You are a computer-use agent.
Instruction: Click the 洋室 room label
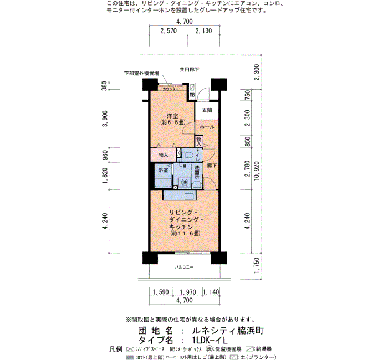(170, 115)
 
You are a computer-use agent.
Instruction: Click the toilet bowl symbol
(187, 155)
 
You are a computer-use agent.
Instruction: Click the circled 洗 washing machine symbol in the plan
(185, 182)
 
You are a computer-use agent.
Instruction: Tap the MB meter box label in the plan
(192, 95)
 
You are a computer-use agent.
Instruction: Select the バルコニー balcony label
(184, 267)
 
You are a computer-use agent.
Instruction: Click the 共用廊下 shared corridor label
(189, 69)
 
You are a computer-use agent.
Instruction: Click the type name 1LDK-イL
(217, 340)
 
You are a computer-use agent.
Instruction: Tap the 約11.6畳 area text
(185, 234)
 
